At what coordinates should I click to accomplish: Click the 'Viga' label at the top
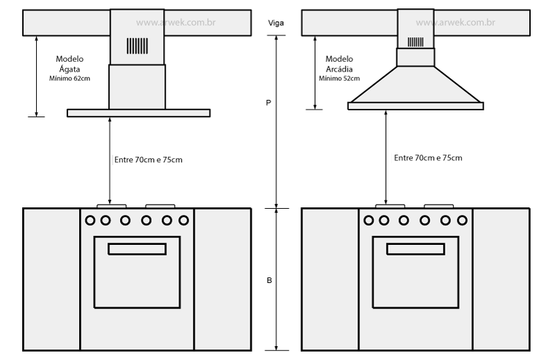pyautogui.click(x=276, y=23)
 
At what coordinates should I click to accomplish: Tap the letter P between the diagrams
pyautogui.click(x=268, y=103)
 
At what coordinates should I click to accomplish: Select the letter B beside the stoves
pyautogui.click(x=268, y=280)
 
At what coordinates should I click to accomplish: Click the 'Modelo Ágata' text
pyautogui.click(x=69, y=64)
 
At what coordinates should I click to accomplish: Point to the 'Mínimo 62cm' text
pyautogui.click(x=69, y=78)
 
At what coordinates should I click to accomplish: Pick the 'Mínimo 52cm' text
pyautogui.click(x=337, y=78)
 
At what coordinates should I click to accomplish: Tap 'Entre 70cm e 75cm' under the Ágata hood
pyautogui.click(x=148, y=160)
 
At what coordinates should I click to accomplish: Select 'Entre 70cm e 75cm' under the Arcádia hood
pyautogui.click(x=428, y=158)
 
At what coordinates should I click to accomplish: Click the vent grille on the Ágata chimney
pyautogui.click(x=137, y=46)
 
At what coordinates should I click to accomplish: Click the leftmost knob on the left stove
pyautogui.click(x=90, y=221)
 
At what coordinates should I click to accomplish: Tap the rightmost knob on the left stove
pyautogui.click(x=183, y=221)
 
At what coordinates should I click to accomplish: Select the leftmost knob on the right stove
pyautogui.click(x=369, y=221)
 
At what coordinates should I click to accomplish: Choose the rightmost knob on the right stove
pyautogui.click(x=462, y=221)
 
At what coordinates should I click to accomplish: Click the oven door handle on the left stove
pyautogui.click(x=137, y=249)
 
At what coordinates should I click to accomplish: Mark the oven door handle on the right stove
pyautogui.click(x=416, y=249)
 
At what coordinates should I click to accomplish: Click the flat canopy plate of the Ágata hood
pyautogui.click(x=139, y=112)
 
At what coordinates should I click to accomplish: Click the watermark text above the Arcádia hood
pyautogui.click(x=455, y=22)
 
